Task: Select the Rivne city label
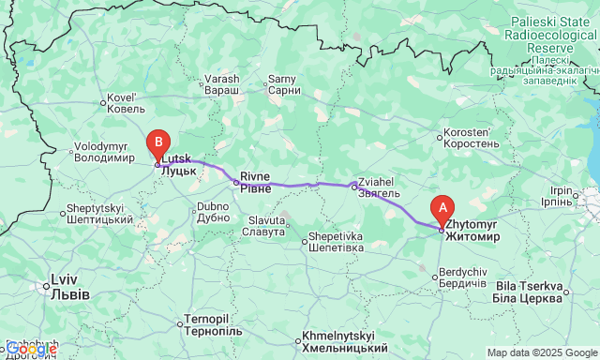255,182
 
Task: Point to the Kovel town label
121,102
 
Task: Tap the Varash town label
222,84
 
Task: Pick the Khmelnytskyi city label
337,341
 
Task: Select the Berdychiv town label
462,277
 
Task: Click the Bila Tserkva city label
530,292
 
